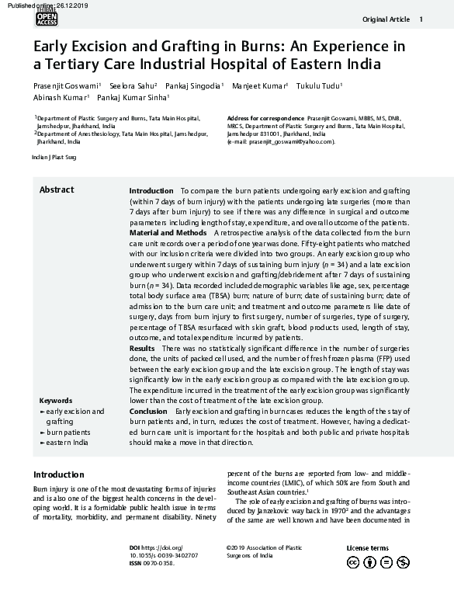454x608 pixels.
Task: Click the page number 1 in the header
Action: click(421, 19)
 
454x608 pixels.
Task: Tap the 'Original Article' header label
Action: click(385, 19)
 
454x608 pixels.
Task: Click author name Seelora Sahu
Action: click(133, 85)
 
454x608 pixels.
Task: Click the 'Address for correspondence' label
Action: click(265, 117)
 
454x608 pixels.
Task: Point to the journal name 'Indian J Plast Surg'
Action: click(54, 157)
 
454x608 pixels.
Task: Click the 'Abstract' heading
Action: click(57, 190)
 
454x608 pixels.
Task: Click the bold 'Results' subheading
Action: click(141, 349)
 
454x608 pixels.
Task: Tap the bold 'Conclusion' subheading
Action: click(147, 410)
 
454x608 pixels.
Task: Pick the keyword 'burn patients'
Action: click(68, 431)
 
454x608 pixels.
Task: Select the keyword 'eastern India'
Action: click(67, 441)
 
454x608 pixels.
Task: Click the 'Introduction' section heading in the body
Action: click(59, 474)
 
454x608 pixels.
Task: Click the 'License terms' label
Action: click(367, 548)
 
